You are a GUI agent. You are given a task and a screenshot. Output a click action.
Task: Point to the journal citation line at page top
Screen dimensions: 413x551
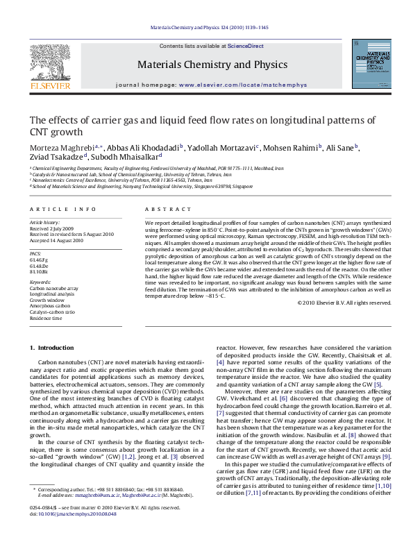(206, 28)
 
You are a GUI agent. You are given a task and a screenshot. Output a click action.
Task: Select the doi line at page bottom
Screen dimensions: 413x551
(69, 534)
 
